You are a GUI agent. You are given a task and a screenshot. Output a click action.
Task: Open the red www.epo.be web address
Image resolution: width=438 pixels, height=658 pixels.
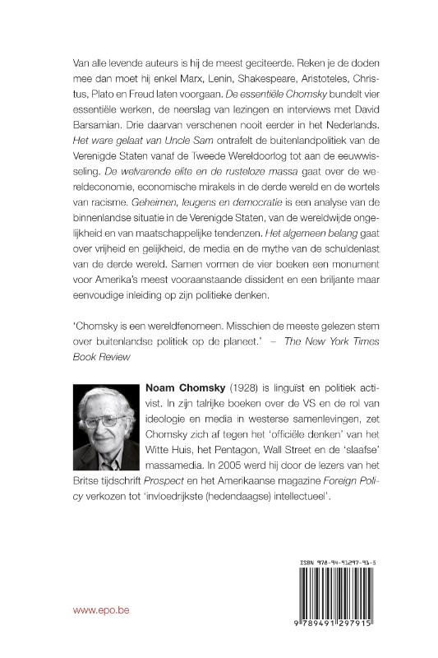pos(86,612)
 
